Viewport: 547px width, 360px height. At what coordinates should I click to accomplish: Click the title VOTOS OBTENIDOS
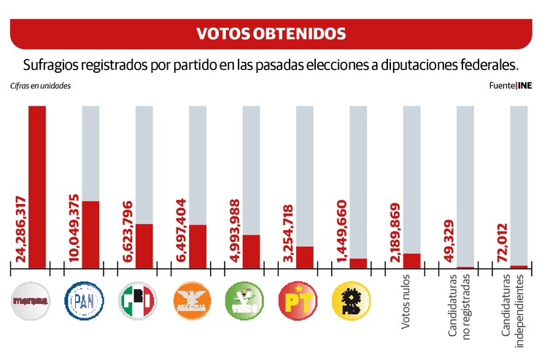(271, 34)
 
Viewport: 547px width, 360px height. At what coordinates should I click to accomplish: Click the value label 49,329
(449, 240)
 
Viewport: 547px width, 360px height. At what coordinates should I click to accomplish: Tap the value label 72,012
(502, 240)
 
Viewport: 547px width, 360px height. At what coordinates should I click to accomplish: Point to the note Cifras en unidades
(40, 86)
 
